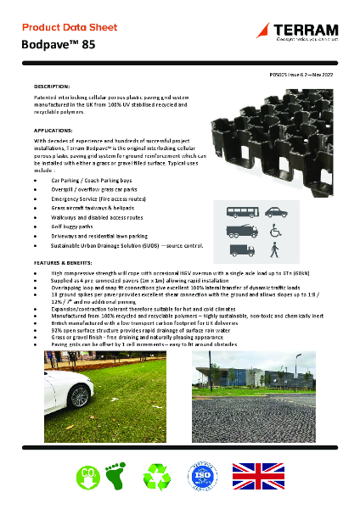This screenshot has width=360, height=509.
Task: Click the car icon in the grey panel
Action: point(273,211)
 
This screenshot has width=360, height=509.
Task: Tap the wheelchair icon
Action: point(274,231)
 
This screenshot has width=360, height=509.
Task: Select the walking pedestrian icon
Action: point(274,250)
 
